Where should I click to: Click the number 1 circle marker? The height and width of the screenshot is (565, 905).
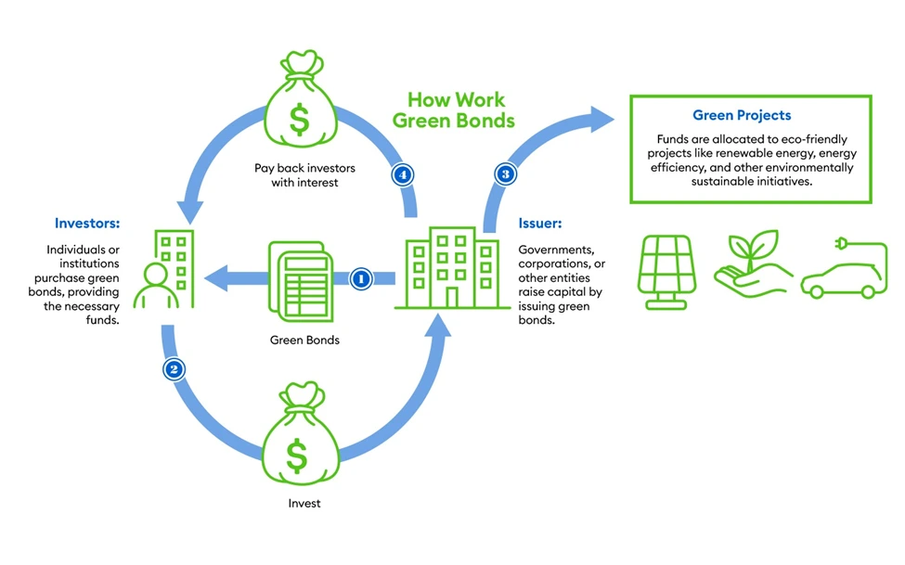361,277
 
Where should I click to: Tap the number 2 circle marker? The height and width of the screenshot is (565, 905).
174,368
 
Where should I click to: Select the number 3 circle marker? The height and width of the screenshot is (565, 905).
505,173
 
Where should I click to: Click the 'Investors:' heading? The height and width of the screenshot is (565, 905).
87,224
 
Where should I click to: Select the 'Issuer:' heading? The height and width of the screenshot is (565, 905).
539,224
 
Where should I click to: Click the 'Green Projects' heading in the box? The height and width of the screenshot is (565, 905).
742,116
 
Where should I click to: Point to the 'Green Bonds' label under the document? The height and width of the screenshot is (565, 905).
304,340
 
